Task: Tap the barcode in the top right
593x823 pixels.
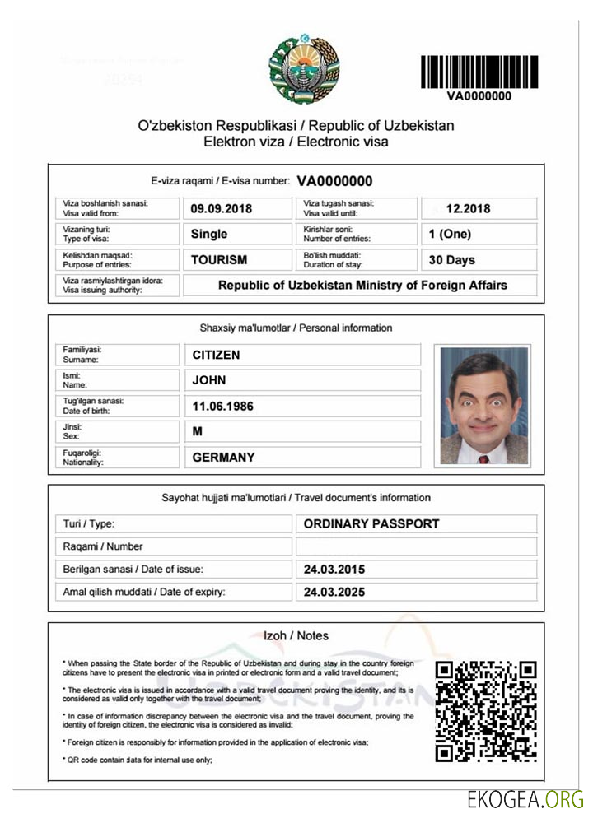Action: [479, 72]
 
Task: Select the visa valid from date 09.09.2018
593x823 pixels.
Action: [220, 208]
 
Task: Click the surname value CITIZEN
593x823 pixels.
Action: [217, 355]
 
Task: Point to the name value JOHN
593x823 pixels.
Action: [209, 380]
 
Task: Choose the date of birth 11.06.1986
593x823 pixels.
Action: [222, 406]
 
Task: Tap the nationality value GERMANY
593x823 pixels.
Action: [224, 457]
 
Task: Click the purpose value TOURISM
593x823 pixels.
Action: [219, 259]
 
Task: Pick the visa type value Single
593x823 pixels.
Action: [209, 234]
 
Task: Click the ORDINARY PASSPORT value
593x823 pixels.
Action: [371, 523]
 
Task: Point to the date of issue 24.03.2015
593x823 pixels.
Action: [334, 569]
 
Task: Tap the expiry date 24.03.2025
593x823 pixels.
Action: [334, 592]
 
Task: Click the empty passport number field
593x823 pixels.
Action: [416, 546]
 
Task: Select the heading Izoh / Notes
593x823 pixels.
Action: [296, 635]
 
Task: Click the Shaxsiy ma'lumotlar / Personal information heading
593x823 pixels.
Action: [296, 328]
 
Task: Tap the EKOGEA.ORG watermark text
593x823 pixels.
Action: [525, 800]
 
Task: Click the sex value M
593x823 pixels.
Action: [198, 431]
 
